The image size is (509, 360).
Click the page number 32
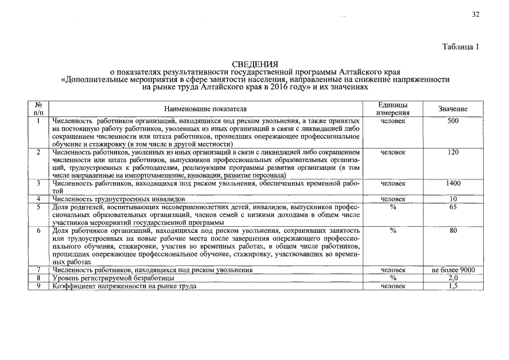pos(475,15)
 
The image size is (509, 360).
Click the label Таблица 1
pos(460,47)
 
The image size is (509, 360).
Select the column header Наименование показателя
pos(205,109)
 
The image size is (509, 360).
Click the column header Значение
pos(453,109)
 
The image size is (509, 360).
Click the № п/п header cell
pos(38,109)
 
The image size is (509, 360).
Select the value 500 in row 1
pos(453,121)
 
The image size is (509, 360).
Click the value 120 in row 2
pos(453,152)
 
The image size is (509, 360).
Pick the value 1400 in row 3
pos(453,183)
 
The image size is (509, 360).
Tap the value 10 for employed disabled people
pos(453,199)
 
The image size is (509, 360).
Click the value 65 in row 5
pos(453,207)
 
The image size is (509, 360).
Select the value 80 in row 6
pos(453,231)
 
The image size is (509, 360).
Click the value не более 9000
pos(453,271)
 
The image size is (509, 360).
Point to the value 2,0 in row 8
pos(453,278)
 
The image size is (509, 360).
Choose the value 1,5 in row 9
pos(453,286)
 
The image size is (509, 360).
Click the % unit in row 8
pos(393,278)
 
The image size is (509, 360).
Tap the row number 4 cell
pos(38,199)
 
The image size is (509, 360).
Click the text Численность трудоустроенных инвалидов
pos(119,199)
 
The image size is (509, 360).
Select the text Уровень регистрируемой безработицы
pos(113,278)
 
